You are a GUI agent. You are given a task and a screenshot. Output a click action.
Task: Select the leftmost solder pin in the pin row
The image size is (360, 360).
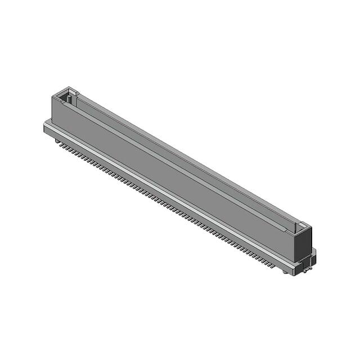point(58,142)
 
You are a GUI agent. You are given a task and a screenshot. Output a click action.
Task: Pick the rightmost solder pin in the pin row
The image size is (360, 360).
point(274,265)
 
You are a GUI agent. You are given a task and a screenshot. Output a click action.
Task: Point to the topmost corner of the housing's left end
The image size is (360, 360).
point(69,87)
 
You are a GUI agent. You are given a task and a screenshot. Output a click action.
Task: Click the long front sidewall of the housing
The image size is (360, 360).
point(169,169)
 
